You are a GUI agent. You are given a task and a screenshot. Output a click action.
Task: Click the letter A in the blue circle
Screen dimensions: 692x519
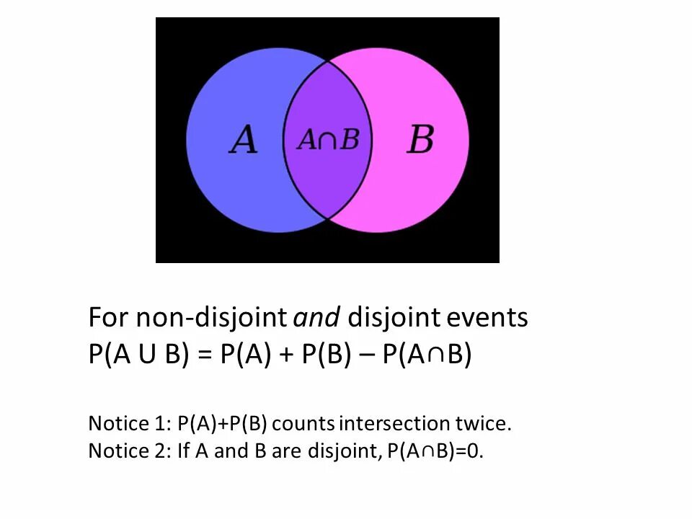tap(244, 139)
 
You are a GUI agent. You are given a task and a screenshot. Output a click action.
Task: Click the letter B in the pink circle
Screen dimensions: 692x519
tap(420, 139)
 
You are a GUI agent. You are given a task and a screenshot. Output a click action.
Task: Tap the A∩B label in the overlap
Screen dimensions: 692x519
tap(328, 139)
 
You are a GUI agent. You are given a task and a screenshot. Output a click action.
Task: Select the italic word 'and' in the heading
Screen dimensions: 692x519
tap(318, 317)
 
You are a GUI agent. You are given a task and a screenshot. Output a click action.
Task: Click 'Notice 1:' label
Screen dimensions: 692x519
tap(130, 423)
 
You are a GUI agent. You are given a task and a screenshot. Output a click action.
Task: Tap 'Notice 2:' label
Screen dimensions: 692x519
tap(130, 451)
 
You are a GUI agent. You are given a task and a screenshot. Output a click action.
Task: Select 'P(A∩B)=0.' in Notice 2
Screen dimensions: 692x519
tap(435, 451)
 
